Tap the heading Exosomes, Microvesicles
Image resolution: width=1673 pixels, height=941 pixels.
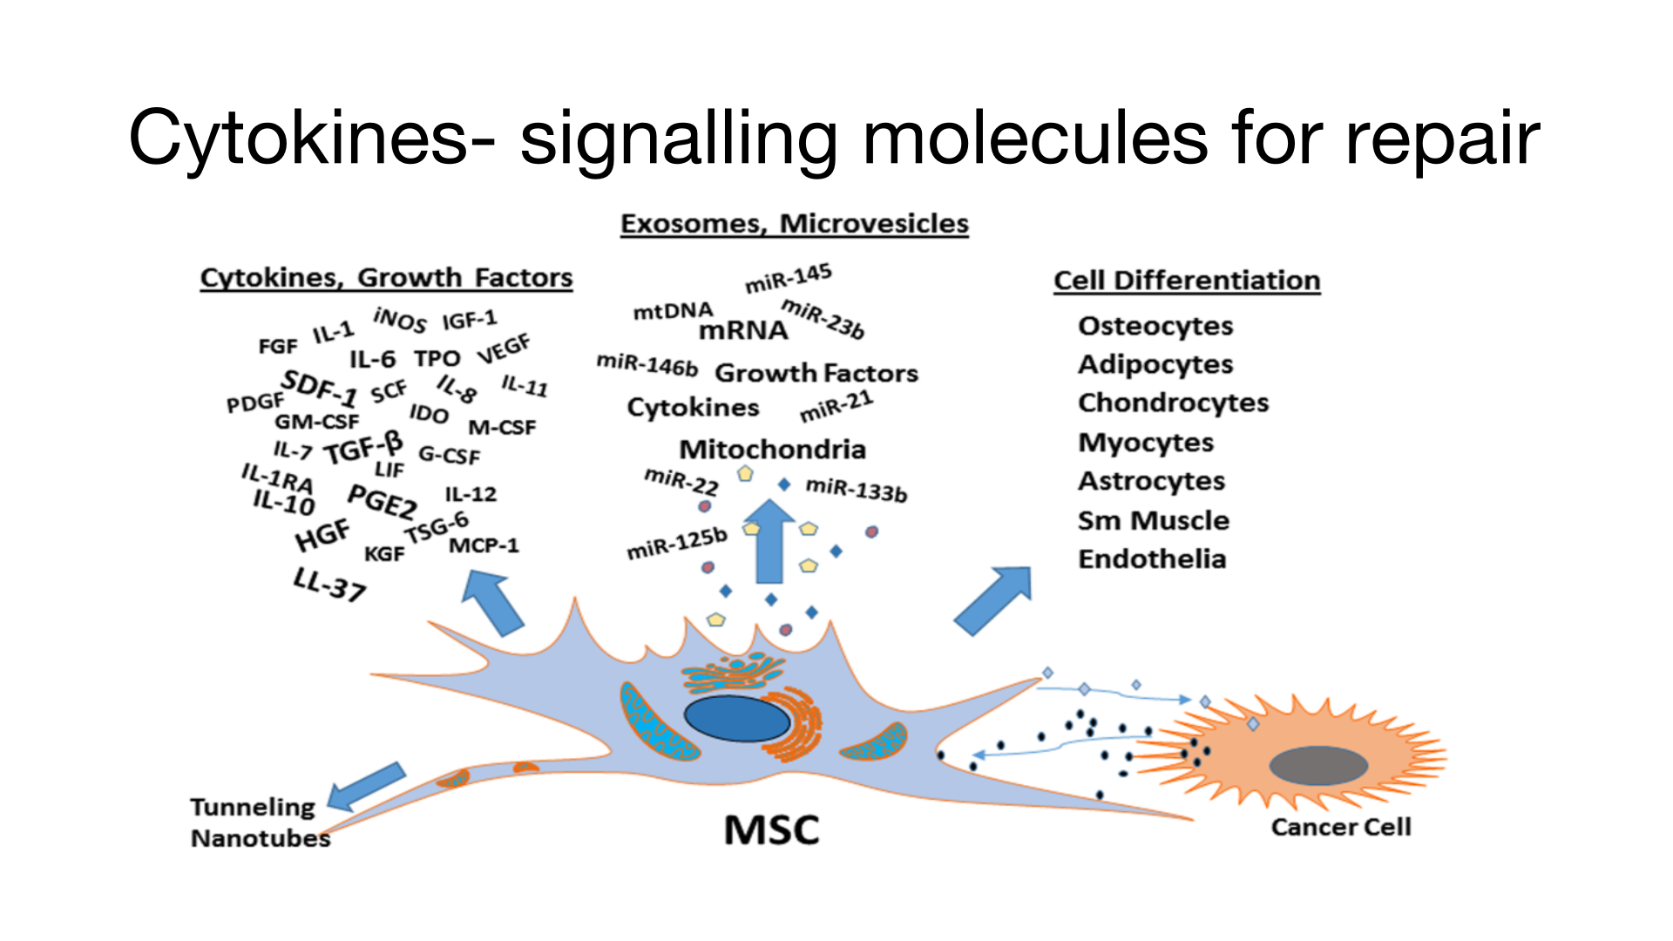(x=794, y=224)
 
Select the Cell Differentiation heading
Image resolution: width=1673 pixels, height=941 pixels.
(x=1187, y=281)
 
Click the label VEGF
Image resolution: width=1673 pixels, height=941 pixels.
(x=504, y=349)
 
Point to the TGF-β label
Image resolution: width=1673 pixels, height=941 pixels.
(x=364, y=448)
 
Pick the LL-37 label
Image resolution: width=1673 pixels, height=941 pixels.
(x=329, y=585)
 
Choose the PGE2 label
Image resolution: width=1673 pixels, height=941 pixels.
(x=382, y=502)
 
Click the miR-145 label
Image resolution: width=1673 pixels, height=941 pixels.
(x=789, y=278)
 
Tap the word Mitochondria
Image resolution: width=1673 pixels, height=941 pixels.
(x=772, y=450)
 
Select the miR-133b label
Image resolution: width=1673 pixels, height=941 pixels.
(x=856, y=490)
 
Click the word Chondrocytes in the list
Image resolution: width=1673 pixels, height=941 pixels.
(x=1173, y=403)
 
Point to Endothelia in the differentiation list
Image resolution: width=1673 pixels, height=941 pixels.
(x=1152, y=559)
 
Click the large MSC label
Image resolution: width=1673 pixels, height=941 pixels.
(x=772, y=829)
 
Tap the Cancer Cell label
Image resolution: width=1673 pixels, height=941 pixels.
(x=1341, y=827)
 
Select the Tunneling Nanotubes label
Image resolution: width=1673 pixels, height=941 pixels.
(x=259, y=823)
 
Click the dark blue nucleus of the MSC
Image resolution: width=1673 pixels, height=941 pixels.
(x=737, y=718)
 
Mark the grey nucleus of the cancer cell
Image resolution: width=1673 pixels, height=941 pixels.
(x=1318, y=766)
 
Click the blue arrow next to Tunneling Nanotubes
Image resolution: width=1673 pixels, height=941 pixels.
(x=366, y=786)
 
